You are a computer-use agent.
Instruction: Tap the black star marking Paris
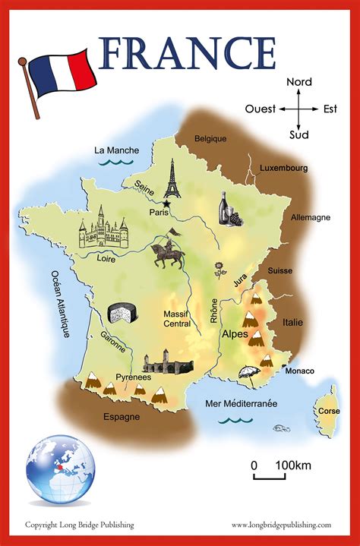click(x=166, y=203)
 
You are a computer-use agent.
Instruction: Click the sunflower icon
click(x=220, y=268)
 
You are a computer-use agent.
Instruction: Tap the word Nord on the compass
click(x=299, y=82)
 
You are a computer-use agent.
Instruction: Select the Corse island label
click(x=327, y=411)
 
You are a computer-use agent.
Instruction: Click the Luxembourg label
click(x=283, y=168)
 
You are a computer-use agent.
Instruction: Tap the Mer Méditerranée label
click(x=241, y=404)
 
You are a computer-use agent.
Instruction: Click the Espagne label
click(x=122, y=416)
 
